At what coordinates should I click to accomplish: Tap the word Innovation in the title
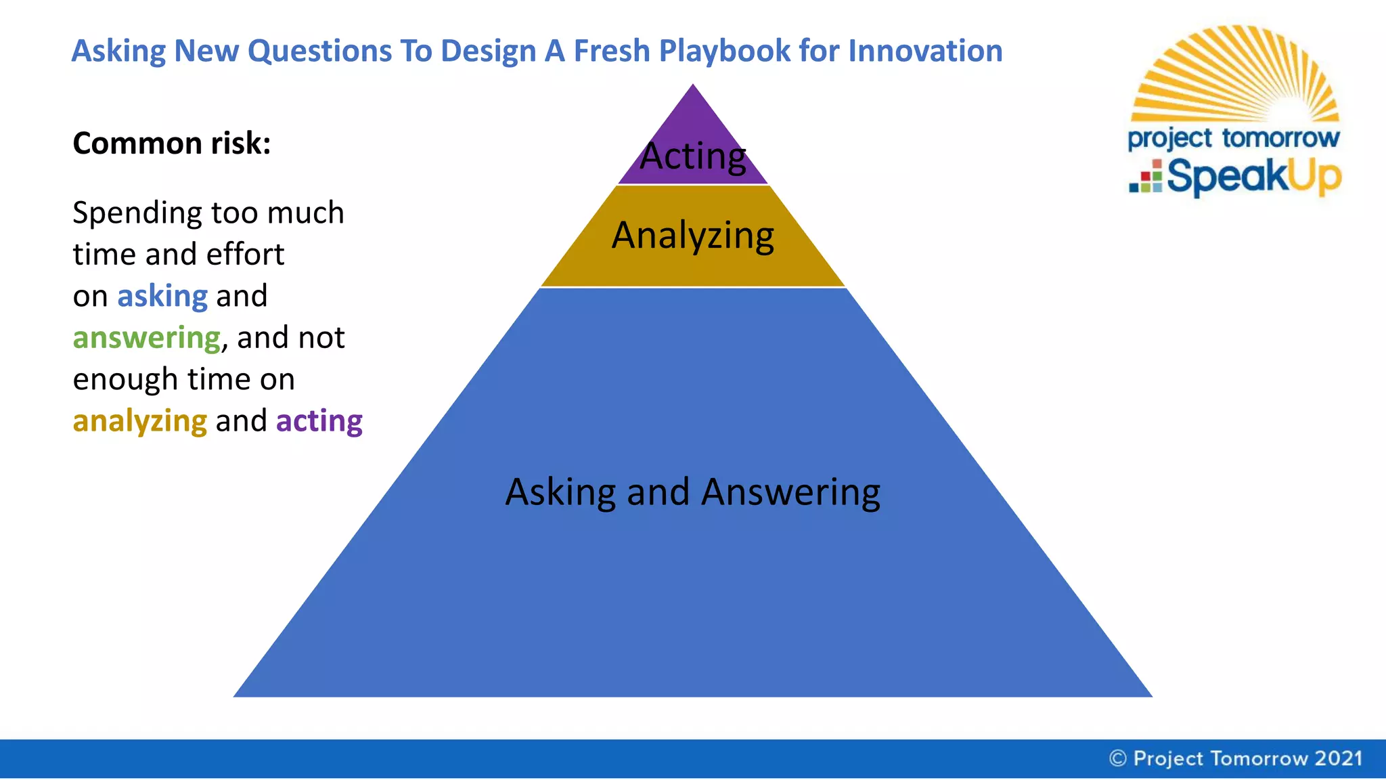pos(925,51)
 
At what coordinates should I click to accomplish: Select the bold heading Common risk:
pos(172,144)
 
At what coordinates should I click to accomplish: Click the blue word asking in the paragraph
pos(162,297)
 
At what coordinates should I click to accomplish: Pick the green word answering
pos(147,338)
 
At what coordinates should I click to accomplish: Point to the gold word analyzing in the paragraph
pos(139,421)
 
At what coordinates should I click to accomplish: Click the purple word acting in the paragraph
pos(319,421)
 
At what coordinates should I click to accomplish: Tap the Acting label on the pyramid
pos(692,156)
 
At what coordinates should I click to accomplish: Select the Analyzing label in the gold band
pos(692,236)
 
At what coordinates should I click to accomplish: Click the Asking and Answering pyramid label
pos(692,492)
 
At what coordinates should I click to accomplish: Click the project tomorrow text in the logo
pos(1233,138)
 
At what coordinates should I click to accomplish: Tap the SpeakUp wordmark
pos(1253,177)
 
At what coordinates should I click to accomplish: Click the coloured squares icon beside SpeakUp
pos(1146,178)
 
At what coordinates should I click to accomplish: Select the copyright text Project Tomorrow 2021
pos(1236,758)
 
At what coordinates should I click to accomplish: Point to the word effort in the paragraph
pos(245,255)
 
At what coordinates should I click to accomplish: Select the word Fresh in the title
pos(611,51)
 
